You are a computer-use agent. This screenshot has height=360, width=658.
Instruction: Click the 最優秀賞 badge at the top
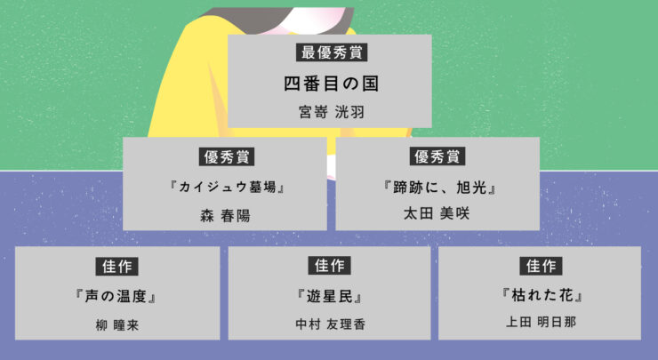coord(330,52)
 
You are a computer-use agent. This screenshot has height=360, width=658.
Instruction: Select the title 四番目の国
coord(330,84)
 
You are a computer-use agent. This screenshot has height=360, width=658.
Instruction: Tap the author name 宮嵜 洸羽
coord(330,113)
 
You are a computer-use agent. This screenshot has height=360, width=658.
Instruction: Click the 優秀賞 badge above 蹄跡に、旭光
coord(437,156)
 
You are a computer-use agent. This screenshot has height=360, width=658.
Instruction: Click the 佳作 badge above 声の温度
coord(116,265)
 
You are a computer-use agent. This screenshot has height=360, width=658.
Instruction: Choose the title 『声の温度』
coord(116,295)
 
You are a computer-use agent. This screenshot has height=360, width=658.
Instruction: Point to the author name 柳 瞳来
coord(116,324)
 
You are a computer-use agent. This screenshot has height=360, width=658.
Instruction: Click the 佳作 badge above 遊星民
coord(330,265)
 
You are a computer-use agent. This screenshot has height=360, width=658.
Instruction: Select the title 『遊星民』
coord(330,295)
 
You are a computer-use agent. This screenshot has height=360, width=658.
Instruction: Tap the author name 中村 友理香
coord(330,324)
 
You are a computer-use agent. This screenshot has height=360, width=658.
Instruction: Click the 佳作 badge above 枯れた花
coord(541,265)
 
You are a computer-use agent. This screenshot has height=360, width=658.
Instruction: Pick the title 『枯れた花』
coord(541,294)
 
